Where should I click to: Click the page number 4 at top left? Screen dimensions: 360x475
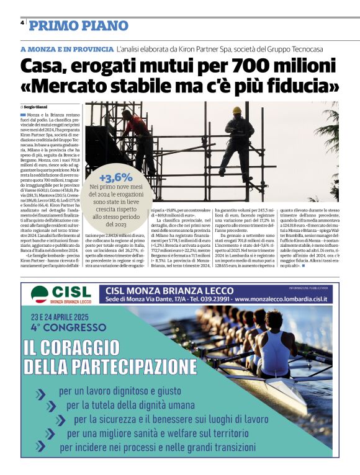tap(22, 22)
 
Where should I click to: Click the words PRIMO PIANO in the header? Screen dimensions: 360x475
tap(79, 25)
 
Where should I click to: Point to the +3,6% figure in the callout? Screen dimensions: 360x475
tap(115, 177)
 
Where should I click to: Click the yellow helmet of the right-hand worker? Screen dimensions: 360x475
tap(236, 110)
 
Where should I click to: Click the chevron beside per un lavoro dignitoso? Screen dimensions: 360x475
tap(41, 393)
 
